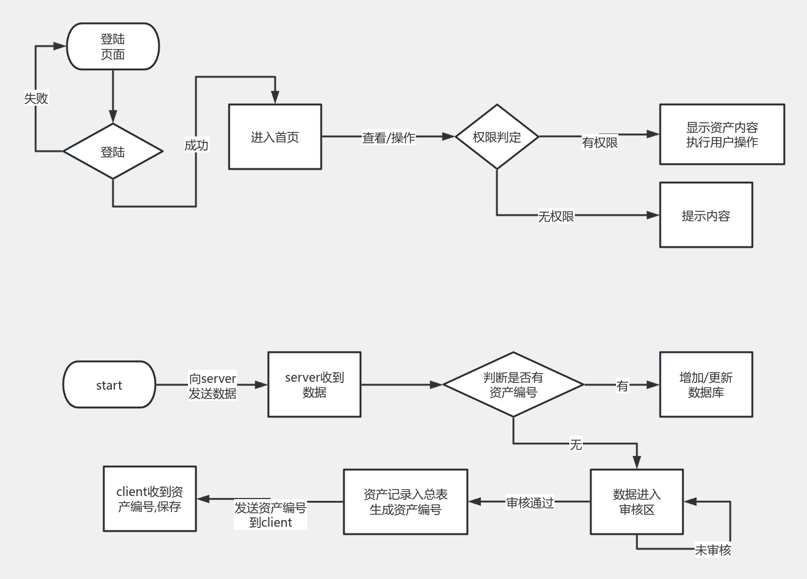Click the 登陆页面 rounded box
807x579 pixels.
point(113,47)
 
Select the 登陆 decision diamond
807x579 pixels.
point(113,151)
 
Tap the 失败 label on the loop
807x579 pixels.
point(36,98)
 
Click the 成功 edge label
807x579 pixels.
point(197,145)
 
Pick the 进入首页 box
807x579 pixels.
point(275,136)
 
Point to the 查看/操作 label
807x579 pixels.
point(389,138)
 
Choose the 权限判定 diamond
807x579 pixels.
point(497,136)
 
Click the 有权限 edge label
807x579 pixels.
point(600,143)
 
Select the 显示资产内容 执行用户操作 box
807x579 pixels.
point(722,134)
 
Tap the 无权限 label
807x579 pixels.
point(556,216)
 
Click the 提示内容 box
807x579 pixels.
point(706,215)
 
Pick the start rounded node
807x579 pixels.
point(109,385)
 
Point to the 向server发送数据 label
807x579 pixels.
point(212,386)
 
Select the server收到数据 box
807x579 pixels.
point(314,385)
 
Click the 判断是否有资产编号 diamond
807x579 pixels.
point(513,385)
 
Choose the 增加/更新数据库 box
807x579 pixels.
point(706,385)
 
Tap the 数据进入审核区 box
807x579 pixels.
point(636,502)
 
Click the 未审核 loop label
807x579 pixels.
point(712,550)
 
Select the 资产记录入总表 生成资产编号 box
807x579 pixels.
point(405,502)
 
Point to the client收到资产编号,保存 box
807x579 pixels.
point(150,498)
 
